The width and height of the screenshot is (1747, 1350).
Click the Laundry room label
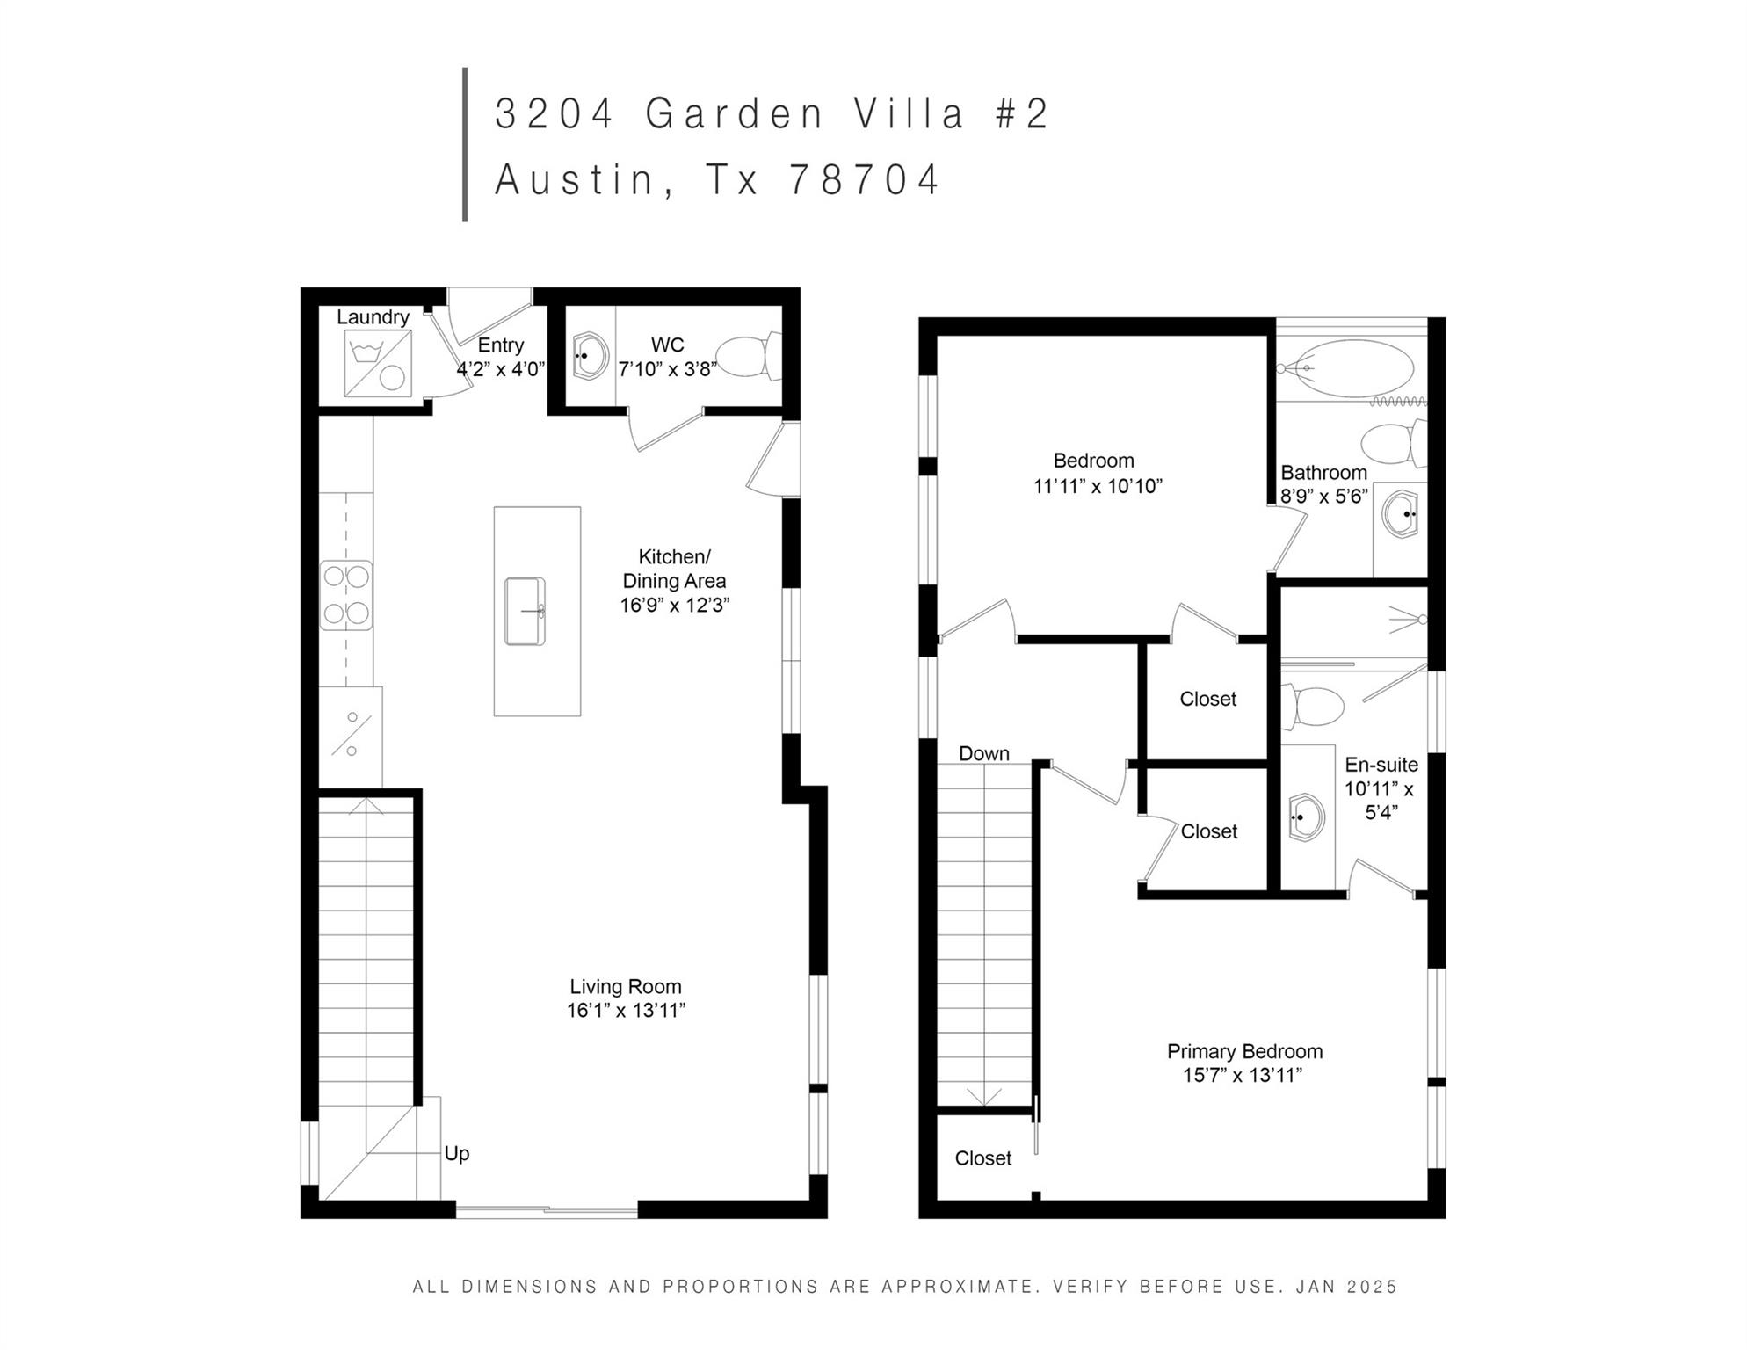(373, 317)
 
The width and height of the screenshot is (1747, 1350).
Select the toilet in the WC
(749, 356)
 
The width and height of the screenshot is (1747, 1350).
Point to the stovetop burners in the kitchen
(345, 595)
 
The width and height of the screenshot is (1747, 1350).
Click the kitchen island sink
(525, 611)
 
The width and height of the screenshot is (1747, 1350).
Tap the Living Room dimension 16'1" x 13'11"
(626, 1011)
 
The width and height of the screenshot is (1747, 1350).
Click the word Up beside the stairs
(456, 1153)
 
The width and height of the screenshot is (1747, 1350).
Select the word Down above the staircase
(983, 753)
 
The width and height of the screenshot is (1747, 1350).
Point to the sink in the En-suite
(1307, 817)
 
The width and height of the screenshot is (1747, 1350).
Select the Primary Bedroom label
(1244, 1051)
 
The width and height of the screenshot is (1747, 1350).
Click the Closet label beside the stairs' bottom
(982, 1158)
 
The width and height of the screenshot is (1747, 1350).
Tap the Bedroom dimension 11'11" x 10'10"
(1098, 486)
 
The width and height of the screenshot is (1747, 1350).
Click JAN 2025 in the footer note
(1346, 1287)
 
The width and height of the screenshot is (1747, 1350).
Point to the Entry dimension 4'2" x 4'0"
(500, 369)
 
